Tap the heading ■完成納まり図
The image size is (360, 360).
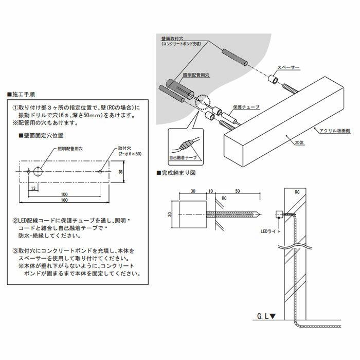[x=178, y=173]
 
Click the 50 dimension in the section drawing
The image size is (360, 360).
[x=238, y=191]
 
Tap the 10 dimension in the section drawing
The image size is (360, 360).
[x=211, y=191]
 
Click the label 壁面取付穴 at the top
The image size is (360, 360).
[x=172, y=38]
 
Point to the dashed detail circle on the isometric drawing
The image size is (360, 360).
[x=201, y=102]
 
